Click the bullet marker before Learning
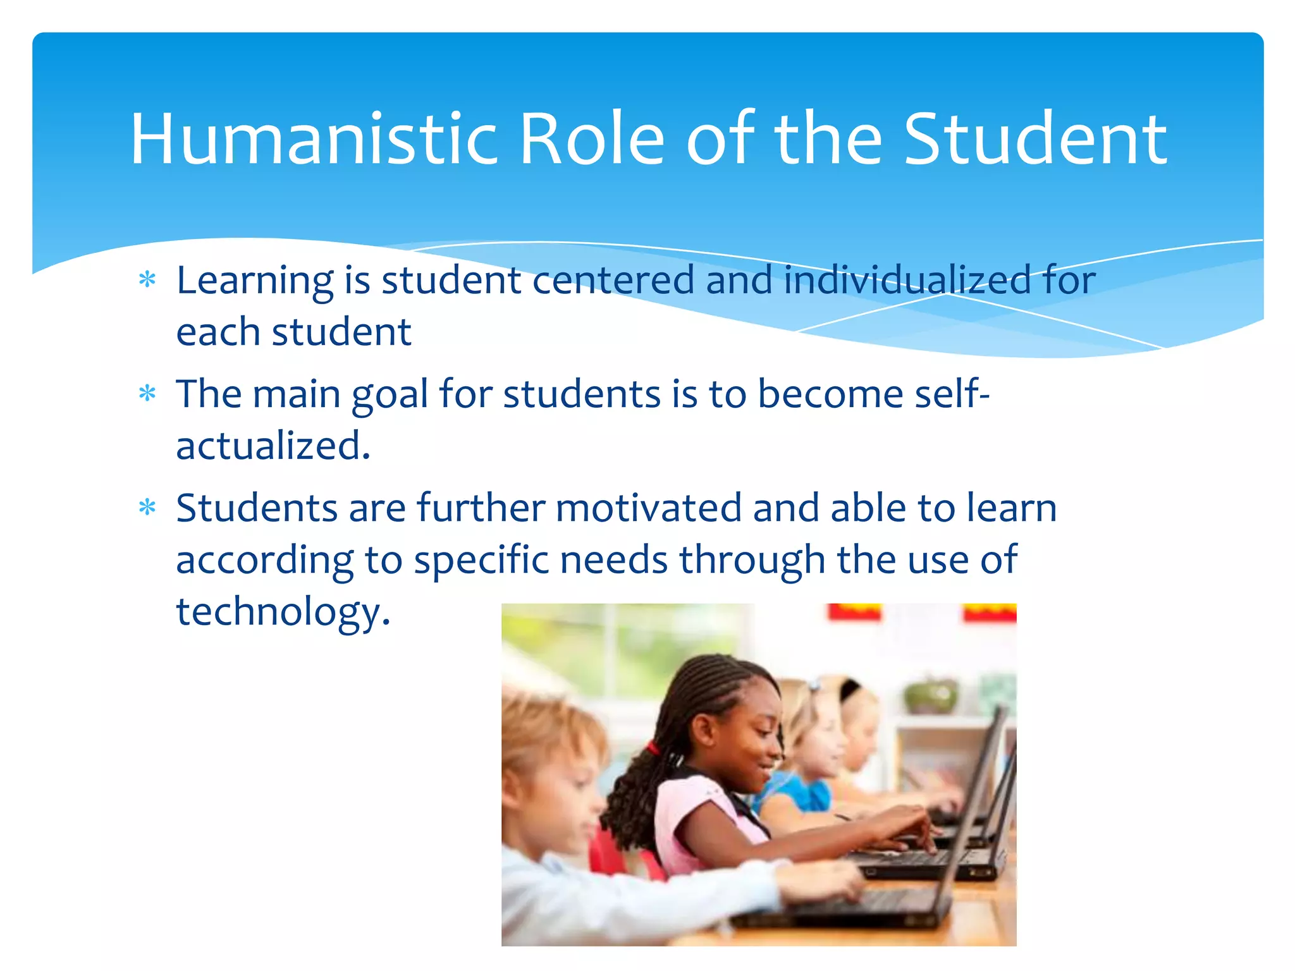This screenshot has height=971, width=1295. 147,279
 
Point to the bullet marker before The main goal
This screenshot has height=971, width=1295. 147,394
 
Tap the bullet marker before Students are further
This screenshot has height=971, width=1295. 147,508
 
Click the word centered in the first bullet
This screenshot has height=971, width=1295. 613,280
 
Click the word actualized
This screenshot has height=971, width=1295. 273,446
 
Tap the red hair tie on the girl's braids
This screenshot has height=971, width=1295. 653,750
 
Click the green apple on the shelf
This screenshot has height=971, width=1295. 930,695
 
